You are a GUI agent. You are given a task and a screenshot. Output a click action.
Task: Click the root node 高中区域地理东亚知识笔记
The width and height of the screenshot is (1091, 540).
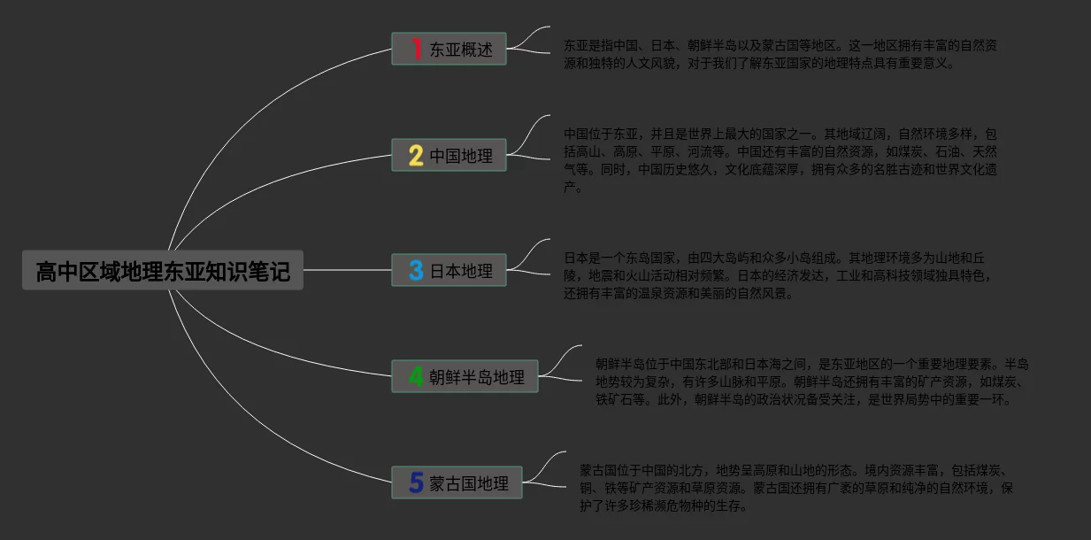[163, 271]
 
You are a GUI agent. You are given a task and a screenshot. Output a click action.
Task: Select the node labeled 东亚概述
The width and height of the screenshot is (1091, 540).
[449, 50]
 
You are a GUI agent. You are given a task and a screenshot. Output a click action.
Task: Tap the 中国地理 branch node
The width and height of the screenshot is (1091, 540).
[449, 156]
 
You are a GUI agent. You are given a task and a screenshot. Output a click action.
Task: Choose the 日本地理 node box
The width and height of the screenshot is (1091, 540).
[449, 271]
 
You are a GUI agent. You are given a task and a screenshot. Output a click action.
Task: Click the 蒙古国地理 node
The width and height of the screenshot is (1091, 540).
[457, 483]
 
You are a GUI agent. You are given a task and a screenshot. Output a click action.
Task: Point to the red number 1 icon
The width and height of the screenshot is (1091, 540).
[416, 49]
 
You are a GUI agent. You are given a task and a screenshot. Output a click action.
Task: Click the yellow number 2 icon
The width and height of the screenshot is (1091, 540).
[416, 156]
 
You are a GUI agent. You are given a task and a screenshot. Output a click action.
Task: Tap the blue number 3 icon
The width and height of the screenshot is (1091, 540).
[416, 270]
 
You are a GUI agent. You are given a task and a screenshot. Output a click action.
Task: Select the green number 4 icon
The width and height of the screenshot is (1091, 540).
[416, 376]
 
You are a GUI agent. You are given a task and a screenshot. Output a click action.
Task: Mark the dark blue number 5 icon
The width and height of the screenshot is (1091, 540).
[416, 482]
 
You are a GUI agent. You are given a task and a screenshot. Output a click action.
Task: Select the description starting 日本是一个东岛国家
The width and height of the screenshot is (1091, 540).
[779, 275]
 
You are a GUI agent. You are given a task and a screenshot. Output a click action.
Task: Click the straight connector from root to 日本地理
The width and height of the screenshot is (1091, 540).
[347, 270]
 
